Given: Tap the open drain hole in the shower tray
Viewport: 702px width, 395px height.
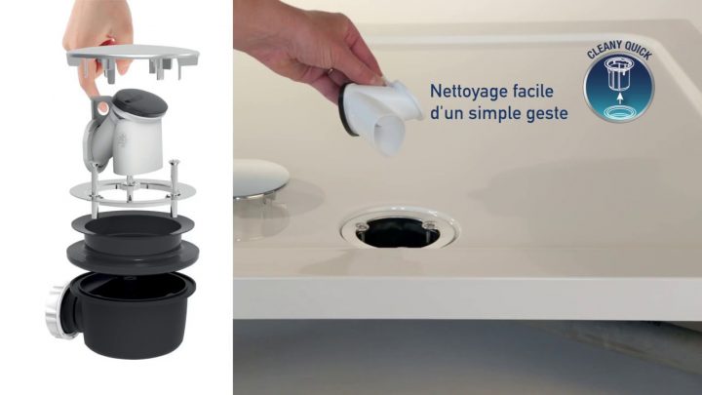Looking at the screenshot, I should click(x=401, y=230).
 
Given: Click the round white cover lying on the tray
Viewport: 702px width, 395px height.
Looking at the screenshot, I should click(x=261, y=178).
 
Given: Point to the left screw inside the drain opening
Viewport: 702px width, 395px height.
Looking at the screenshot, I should click(x=363, y=228).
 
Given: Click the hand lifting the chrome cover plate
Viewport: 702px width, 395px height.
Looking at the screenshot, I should click(x=98, y=29).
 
